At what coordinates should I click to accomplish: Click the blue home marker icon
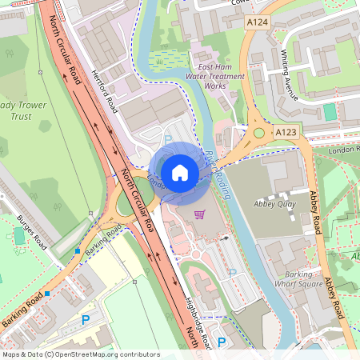[180, 172]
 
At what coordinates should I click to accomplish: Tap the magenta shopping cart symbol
[200, 214]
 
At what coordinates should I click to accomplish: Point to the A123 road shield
[286, 130]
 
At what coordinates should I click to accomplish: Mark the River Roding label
[217, 163]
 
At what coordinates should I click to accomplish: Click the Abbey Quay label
[274, 204]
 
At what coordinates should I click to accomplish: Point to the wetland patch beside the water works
[166, 59]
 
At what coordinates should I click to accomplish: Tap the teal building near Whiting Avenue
[330, 111]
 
